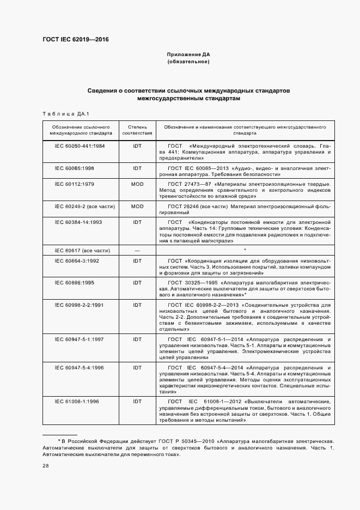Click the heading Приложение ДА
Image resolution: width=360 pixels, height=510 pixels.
pos(188,55)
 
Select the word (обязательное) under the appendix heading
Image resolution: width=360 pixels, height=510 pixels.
pos(188,62)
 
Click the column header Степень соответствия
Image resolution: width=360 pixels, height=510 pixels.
pos(137,129)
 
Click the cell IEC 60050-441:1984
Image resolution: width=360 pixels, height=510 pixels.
pos(80,147)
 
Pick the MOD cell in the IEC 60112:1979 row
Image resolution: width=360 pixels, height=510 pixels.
pos(137,184)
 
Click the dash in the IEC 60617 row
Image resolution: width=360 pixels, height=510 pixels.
pos(137,250)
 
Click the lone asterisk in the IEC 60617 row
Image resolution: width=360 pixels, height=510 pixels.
pos(246,250)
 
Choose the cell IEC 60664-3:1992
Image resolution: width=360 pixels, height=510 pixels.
pos(78,260)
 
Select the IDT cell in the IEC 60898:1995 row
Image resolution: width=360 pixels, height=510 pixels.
pos(137,282)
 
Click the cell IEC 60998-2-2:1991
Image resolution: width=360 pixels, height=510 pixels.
pos(80,305)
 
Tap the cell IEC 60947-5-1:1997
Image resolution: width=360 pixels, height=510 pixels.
pos(80,339)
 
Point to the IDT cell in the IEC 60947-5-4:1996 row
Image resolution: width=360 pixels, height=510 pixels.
pos(137,368)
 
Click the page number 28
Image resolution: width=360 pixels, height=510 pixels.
pos(46,465)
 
